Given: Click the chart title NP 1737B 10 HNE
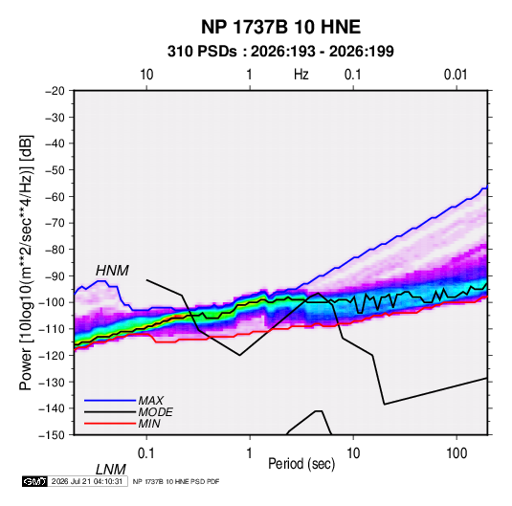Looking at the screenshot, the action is (x=280, y=27).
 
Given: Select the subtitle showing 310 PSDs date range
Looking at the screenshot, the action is (x=280, y=52).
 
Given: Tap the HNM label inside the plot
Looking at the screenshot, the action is (x=112, y=271).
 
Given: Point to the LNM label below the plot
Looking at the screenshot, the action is (x=110, y=470).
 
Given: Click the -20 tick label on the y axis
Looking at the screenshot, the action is (x=55, y=91).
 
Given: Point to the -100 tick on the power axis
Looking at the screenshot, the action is (x=52, y=302).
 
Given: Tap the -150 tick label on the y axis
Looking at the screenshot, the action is (x=52, y=435).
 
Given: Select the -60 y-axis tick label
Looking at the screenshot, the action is (x=55, y=197).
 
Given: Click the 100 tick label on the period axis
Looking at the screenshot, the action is (x=456, y=453).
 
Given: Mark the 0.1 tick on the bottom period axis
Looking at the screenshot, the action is (x=146, y=453).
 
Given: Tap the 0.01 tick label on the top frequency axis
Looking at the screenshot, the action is (x=456, y=75).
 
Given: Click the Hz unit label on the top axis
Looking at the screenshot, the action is (x=301, y=75).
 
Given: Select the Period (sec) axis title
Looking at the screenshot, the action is (x=301, y=464).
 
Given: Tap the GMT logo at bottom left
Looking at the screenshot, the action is (x=35, y=481).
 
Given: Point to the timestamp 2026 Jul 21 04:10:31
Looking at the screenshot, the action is (x=87, y=481).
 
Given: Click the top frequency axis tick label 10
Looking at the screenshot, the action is (x=146, y=75).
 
